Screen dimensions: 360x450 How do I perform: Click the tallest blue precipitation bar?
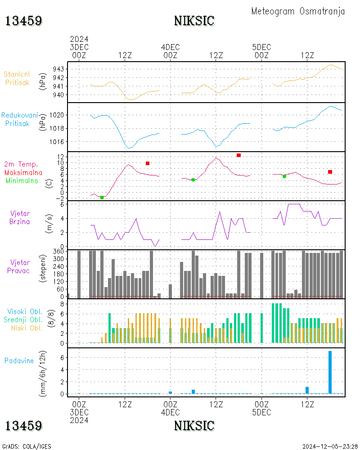tap(330, 372)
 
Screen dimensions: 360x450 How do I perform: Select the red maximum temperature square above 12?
tap(238, 155)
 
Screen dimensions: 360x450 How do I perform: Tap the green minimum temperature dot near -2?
tap(102, 198)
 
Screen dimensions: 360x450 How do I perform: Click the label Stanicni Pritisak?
tap(17, 78)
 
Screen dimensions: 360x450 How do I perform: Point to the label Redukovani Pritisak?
tap(19, 119)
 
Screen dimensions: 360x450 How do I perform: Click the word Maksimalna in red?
tap(23, 173)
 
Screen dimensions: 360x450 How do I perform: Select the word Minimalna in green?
tap(22, 181)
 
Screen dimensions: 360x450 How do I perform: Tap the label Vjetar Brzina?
tap(20, 217)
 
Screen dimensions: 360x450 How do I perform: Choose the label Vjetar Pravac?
tap(18, 266)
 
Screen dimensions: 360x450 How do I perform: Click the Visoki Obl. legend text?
tap(25, 312)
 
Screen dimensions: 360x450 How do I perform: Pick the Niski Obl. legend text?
tap(27, 328)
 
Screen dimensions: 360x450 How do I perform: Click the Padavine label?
tap(19, 361)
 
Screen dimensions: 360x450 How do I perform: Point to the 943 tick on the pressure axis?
tap(58, 69)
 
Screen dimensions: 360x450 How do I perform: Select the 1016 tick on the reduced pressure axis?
tap(57, 142)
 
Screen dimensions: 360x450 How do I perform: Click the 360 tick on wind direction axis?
tap(58, 252)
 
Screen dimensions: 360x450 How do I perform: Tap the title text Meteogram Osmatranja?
tap(298, 12)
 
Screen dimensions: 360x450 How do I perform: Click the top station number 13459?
tap(24, 21)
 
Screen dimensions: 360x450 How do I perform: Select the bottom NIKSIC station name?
tap(194, 426)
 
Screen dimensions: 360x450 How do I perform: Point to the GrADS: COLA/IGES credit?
tap(27, 446)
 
